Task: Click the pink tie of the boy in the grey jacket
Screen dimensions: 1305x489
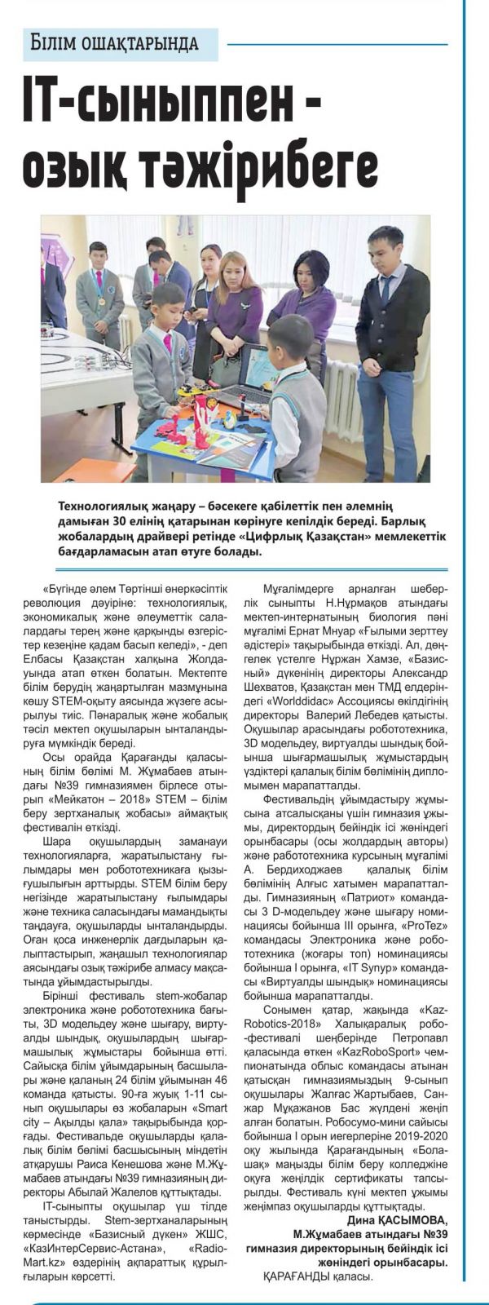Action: click(x=168, y=342)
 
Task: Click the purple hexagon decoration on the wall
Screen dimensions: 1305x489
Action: click(x=58, y=253)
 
